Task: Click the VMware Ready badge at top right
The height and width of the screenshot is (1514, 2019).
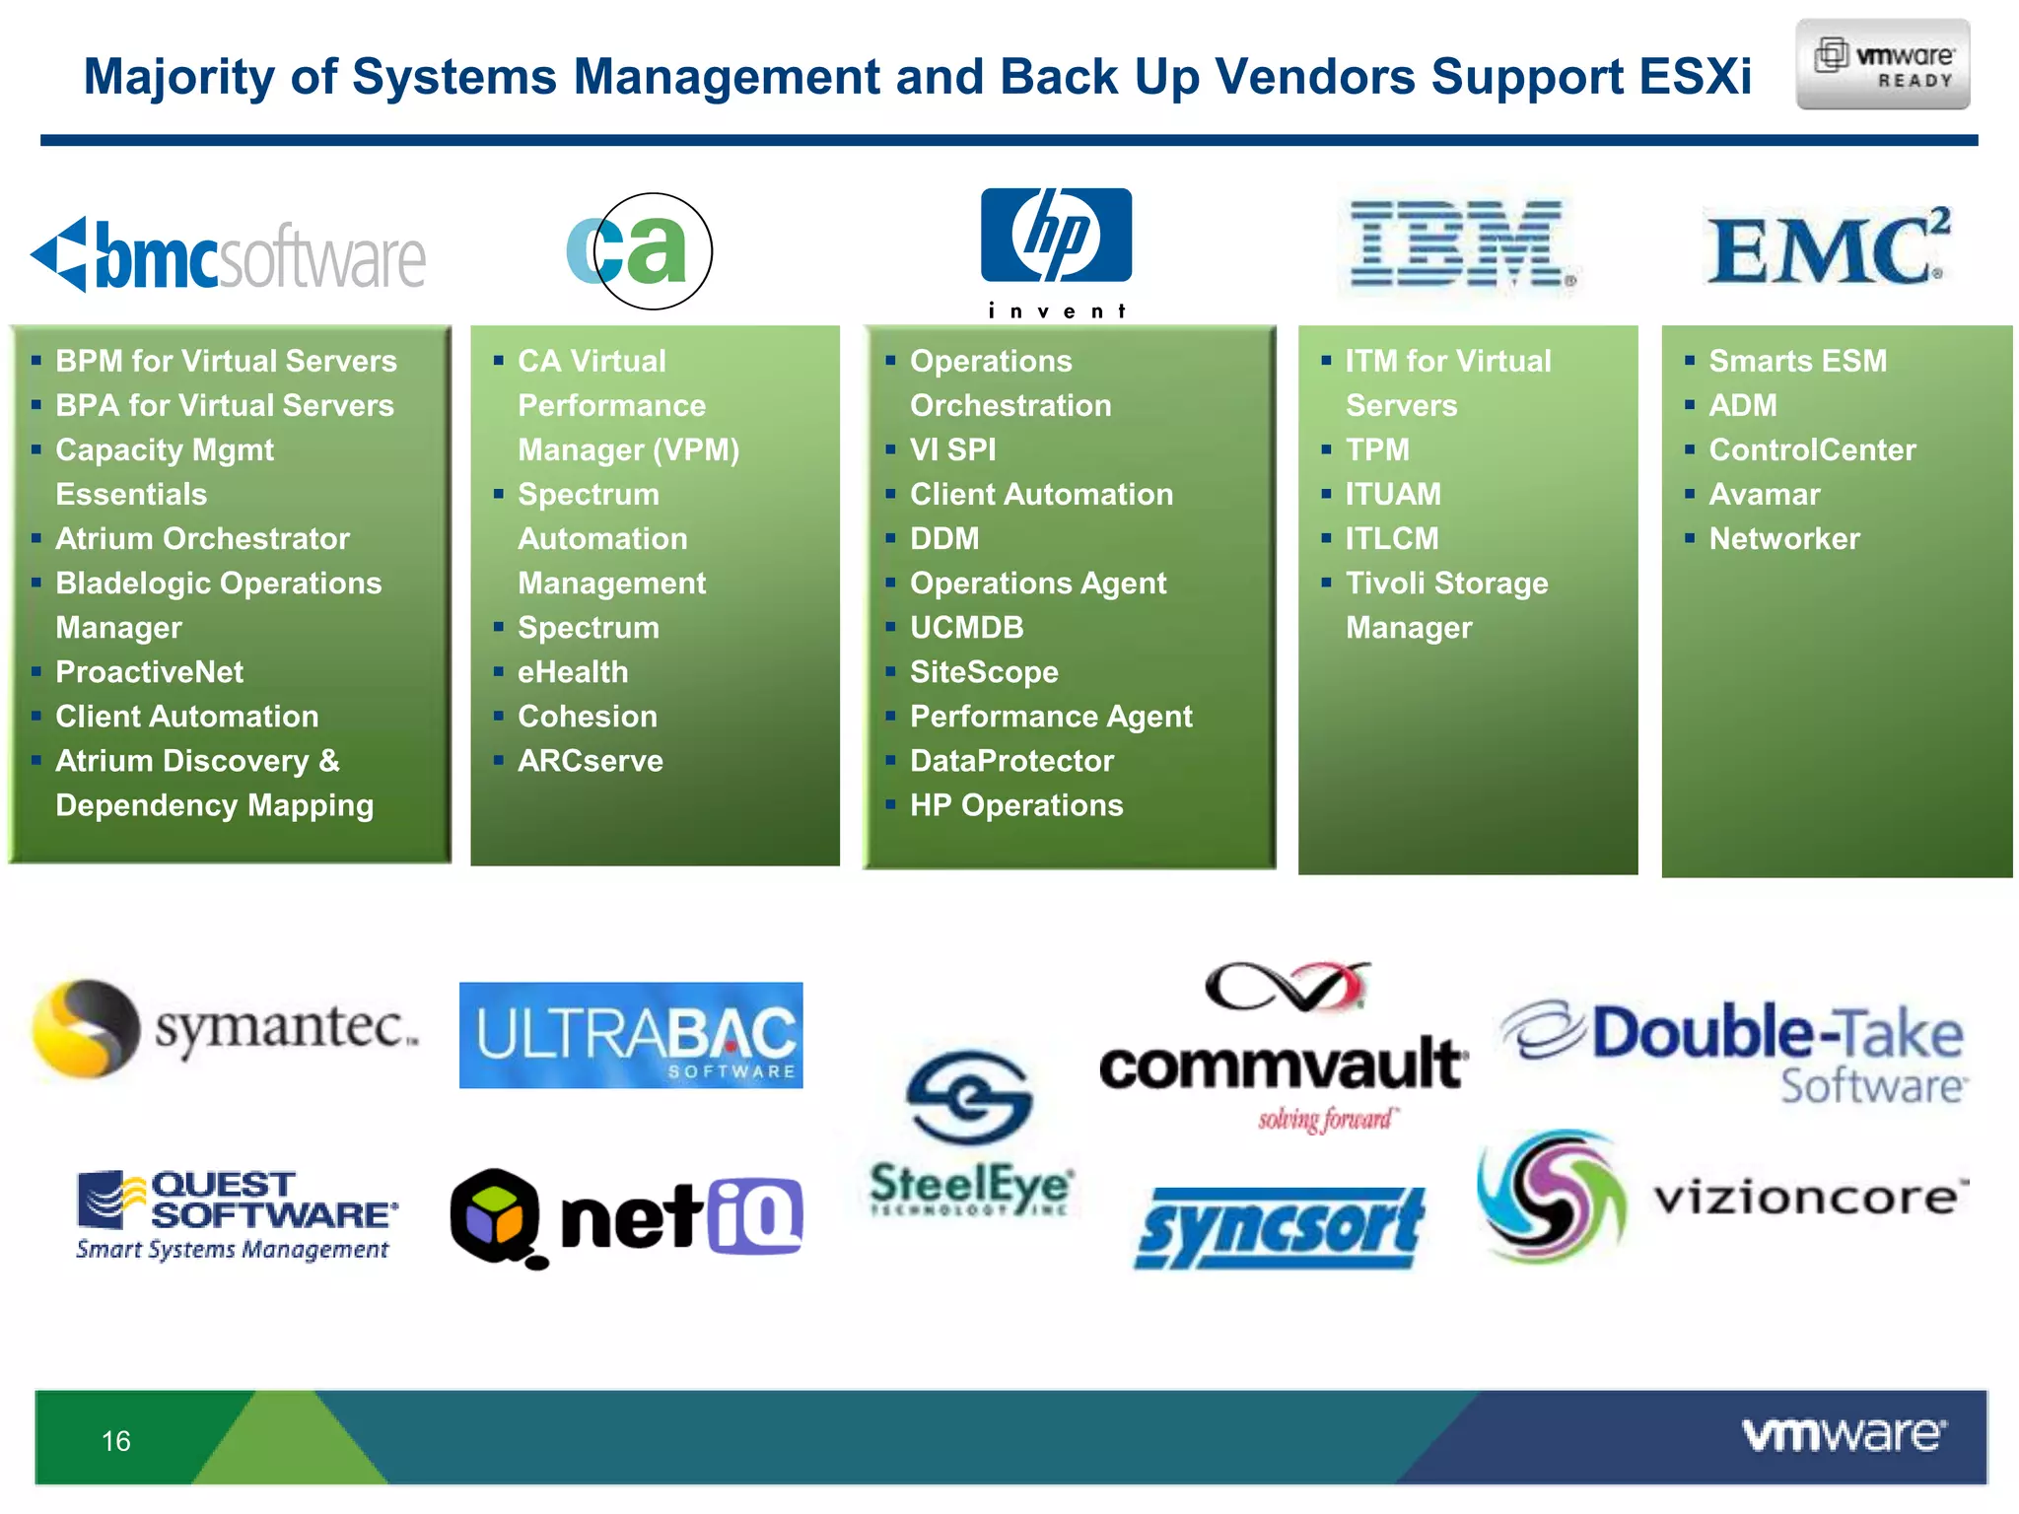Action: point(1882,64)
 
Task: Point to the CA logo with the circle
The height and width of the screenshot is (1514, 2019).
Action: point(639,250)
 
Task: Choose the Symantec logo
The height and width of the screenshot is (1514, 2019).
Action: point(225,1028)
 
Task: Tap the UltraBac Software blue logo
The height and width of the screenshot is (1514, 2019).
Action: point(631,1035)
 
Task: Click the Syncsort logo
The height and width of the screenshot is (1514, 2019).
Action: point(1279,1228)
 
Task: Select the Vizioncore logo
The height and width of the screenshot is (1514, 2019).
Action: point(1720,1197)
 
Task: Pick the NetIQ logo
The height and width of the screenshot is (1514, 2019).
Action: point(627,1218)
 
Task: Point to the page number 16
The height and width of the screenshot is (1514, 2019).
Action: point(116,1441)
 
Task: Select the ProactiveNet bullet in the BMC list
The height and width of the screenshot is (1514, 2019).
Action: point(149,672)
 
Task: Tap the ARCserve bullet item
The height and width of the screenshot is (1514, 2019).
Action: point(590,761)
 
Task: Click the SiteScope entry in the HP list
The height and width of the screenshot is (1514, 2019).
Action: point(983,672)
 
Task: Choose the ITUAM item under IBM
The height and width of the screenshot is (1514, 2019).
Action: point(1392,494)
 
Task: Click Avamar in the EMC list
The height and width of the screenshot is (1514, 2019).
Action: point(1764,494)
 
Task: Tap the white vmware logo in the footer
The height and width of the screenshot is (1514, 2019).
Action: point(1843,1435)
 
